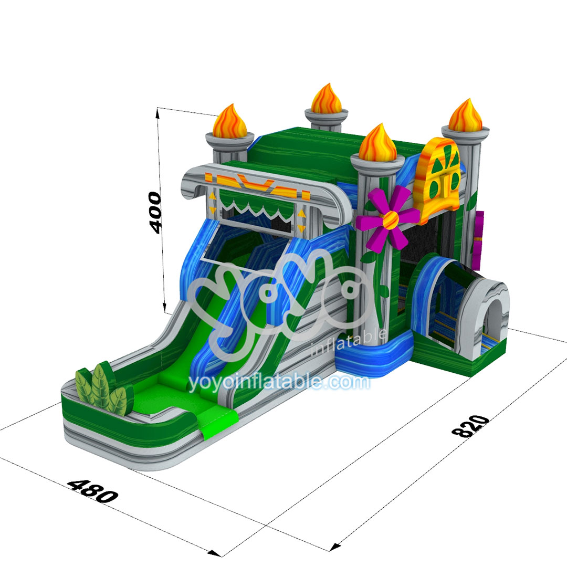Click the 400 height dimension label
tap(155, 213)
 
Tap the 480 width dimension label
tap(93, 491)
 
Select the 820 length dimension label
tap(471, 426)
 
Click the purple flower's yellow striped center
tap(390, 219)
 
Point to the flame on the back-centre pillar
tap(326, 99)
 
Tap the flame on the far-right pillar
tap(465, 115)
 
